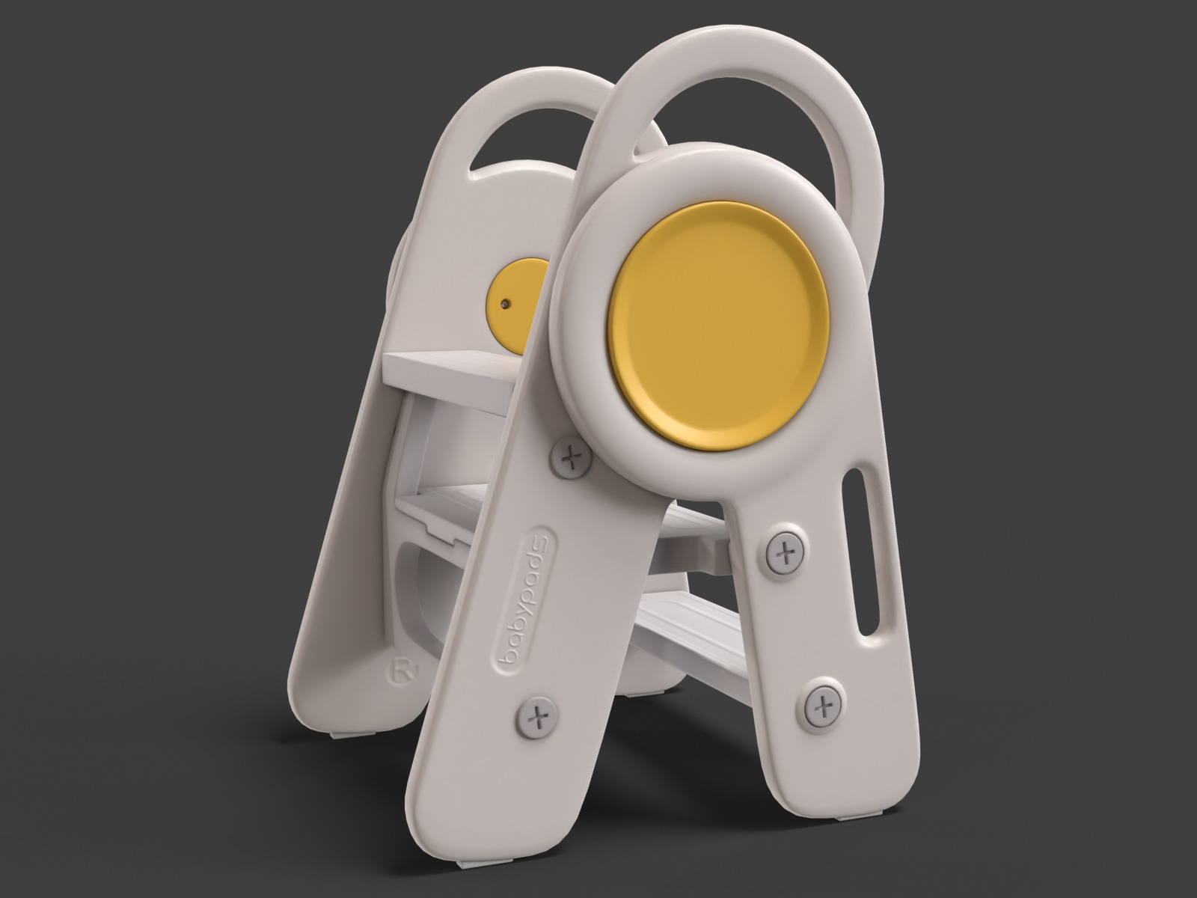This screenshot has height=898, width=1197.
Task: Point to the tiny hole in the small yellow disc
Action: [x=506, y=304]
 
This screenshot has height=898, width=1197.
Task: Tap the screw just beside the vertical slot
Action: [x=785, y=555]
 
